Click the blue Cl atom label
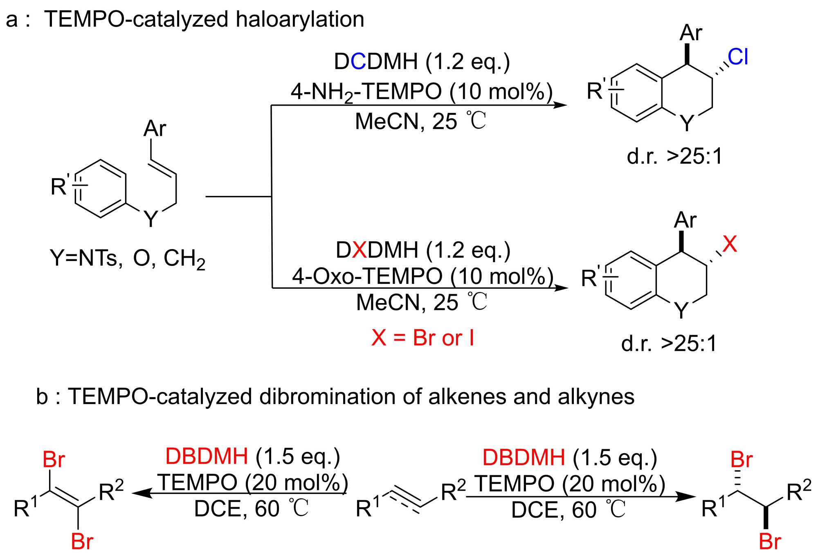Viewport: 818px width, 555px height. point(738,57)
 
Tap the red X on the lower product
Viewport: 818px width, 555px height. point(730,244)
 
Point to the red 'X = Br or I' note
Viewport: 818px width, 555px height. point(422,338)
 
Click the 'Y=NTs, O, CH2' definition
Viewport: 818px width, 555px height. point(127,258)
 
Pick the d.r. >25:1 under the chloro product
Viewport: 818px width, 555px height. point(675,156)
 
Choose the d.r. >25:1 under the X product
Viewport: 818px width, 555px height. point(669,344)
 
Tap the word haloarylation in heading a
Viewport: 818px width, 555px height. point(300,19)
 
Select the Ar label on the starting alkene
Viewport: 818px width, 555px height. point(155,128)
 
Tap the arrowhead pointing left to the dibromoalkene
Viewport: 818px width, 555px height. point(139,493)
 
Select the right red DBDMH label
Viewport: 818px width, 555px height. point(524,457)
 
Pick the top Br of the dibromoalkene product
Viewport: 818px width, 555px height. point(54,460)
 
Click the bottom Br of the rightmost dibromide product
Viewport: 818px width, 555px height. point(770,542)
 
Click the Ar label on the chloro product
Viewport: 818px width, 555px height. point(691,33)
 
